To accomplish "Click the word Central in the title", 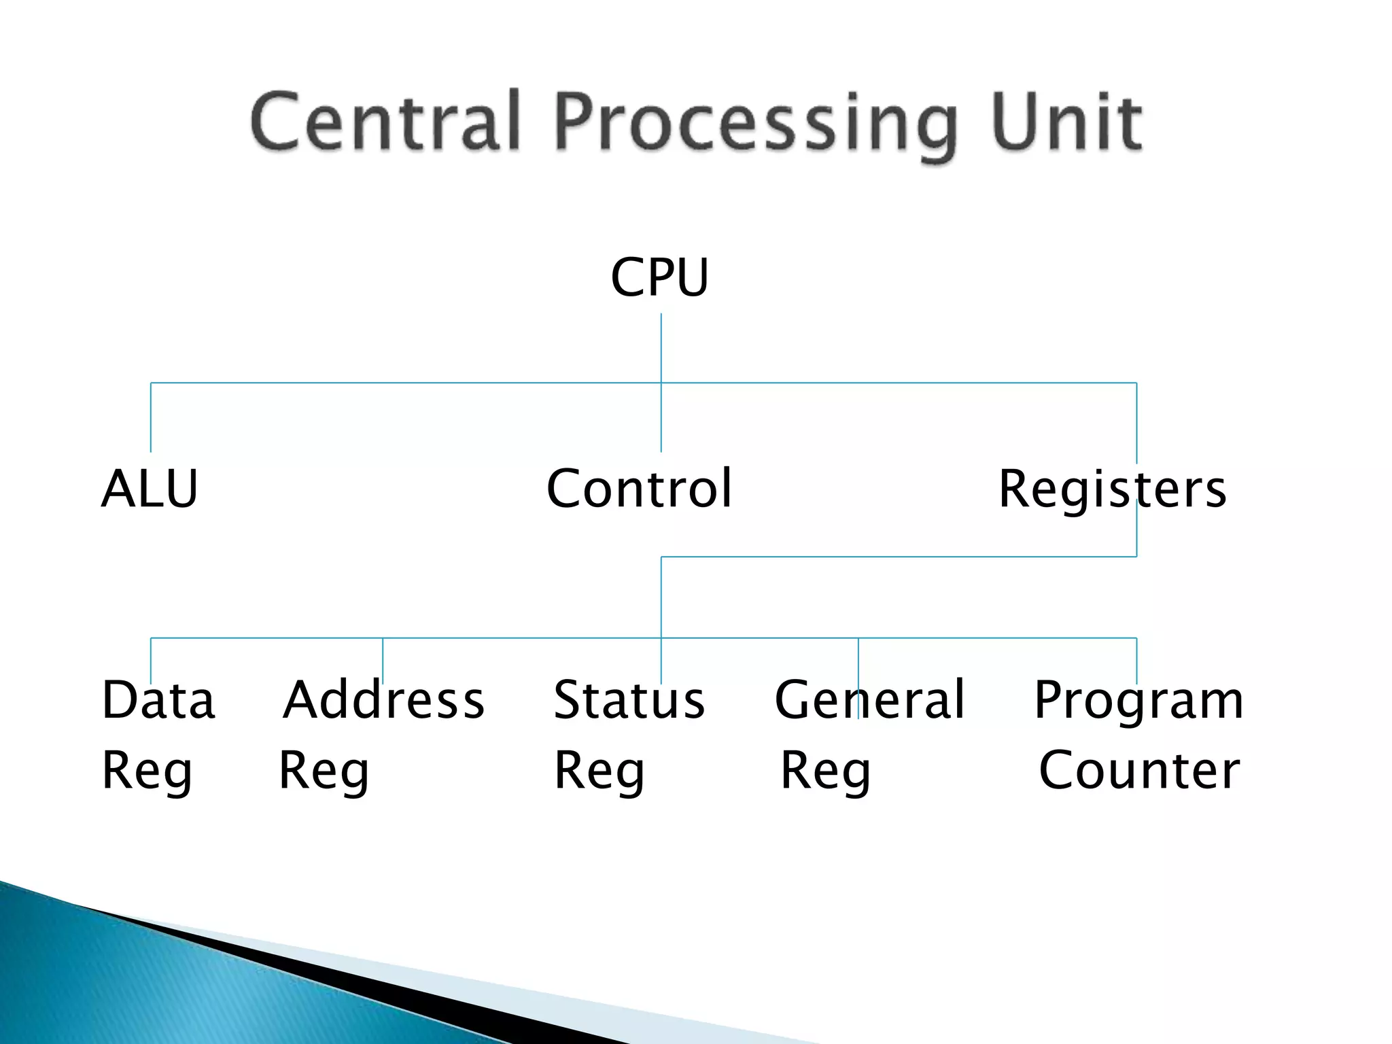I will point(385,122).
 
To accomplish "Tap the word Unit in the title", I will point(1065,122).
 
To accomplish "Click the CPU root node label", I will point(659,277).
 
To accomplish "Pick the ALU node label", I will point(150,489).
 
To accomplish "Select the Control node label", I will point(639,489).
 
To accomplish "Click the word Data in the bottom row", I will point(158,700).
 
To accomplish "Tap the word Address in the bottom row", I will point(384,700).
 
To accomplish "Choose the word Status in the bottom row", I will point(629,700).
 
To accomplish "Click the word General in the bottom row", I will point(869,700).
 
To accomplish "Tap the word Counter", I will point(1139,771).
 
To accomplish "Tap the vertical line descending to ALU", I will point(151,418).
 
